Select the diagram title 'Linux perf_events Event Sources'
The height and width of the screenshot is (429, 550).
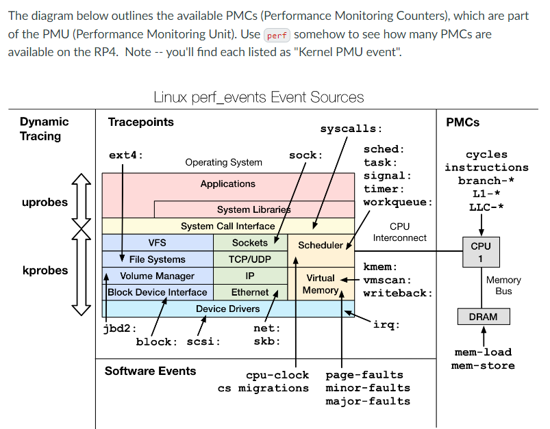point(258,97)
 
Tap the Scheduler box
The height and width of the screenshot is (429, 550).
point(321,245)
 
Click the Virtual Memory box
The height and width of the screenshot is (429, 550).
point(321,284)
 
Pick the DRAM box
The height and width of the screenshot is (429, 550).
point(483,317)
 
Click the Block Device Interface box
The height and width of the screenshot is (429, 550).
point(158,292)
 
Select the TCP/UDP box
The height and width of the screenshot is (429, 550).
point(250,259)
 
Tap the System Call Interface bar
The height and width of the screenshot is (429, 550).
point(228,226)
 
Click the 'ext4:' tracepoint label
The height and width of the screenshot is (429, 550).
point(126,155)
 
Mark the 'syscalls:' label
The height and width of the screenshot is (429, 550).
point(351,129)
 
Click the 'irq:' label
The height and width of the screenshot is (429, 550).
point(386,324)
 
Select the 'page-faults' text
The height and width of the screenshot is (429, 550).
point(364,375)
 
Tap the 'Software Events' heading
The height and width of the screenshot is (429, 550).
point(150,371)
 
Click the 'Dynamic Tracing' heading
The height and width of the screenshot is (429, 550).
point(45,129)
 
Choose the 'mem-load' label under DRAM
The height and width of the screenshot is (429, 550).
point(483,352)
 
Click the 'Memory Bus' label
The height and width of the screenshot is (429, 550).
point(503,285)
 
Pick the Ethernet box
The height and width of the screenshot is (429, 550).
point(250,292)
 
